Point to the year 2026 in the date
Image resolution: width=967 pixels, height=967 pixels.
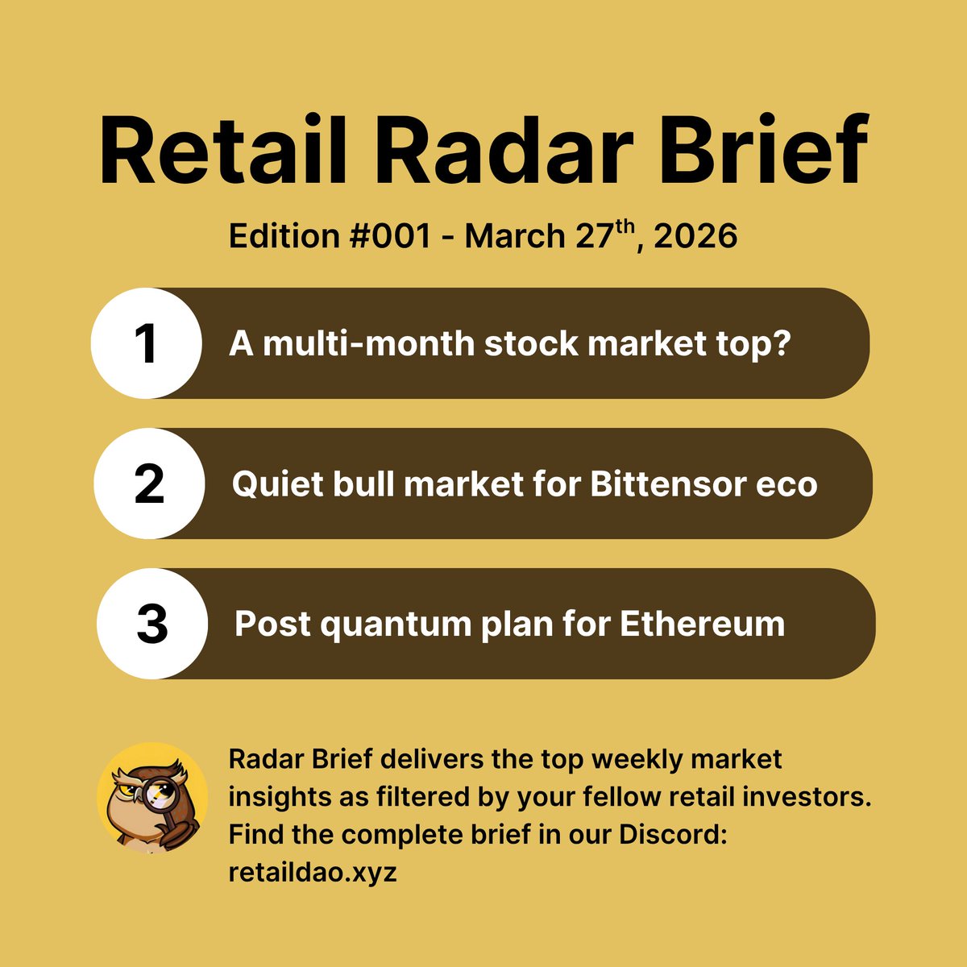pyautogui.click(x=696, y=237)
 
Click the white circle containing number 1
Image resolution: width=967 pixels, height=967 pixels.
pyautogui.click(x=146, y=343)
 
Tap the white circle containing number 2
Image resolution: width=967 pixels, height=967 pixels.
pyautogui.click(x=149, y=483)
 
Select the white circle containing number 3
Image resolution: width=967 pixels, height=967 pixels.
pyautogui.click(x=152, y=624)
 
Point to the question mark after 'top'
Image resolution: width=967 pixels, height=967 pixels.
pyautogui.click(x=780, y=344)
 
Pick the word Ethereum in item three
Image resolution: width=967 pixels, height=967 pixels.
pyautogui.click(x=702, y=625)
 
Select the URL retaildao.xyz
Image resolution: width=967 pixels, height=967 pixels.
pyautogui.click(x=313, y=871)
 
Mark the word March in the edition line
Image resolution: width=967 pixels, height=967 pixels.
pyautogui.click(x=515, y=237)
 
